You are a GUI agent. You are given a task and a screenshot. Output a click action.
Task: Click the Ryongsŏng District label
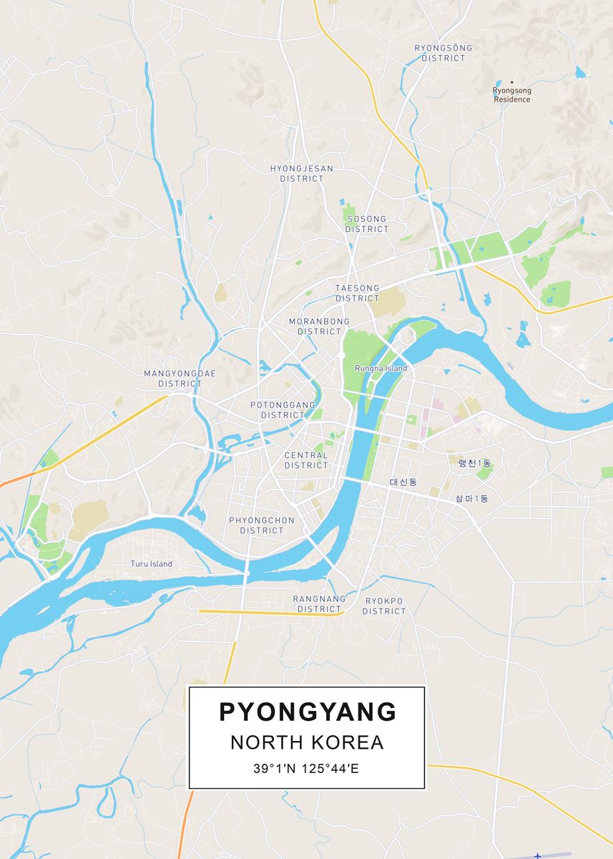point(443,53)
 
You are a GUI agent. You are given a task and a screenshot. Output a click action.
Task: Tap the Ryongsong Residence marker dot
point(512,82)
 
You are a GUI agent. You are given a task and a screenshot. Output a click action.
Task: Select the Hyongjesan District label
point(301,173)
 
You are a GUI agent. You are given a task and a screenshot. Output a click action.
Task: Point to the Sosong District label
point(366,224)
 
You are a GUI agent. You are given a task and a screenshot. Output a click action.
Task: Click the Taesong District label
point(357,293)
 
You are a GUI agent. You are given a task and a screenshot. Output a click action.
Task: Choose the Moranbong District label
point(319,326)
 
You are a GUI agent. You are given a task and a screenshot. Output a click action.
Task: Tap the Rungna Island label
point(381,369)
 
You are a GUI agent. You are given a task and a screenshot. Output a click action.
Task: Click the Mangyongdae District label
point(180,379)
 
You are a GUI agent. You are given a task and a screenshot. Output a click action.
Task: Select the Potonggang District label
point(283,410)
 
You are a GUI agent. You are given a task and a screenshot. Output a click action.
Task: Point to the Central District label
point(305,460)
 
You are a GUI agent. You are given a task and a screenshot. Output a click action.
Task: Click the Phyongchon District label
point(261,525)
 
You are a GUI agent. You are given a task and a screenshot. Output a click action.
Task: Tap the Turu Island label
point(151,564)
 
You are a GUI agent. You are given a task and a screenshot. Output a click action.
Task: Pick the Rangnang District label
point(319,603)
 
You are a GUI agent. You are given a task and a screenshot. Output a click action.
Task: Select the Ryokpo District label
point(383,606)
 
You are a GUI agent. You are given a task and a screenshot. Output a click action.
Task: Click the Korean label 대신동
point(403,482)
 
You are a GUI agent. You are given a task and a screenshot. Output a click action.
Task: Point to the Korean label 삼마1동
point(471,498)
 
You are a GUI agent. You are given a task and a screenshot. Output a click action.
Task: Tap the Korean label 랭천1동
point(474,464)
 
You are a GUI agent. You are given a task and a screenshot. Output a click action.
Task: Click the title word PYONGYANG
point(307,712)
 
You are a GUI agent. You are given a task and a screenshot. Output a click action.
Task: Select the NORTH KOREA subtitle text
point(307,742)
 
